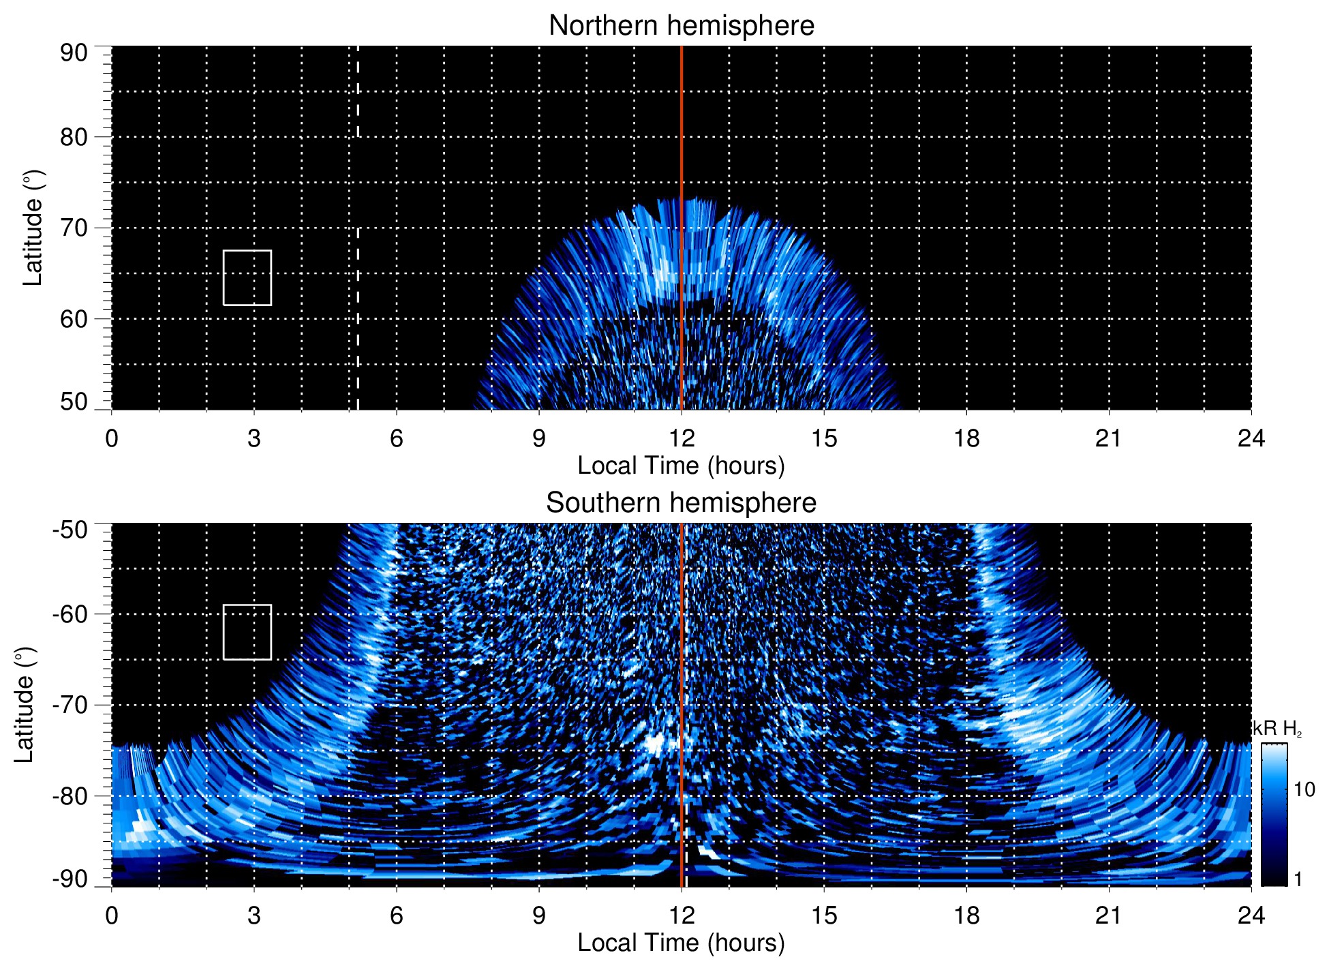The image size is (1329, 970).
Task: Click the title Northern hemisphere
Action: coord(681,26)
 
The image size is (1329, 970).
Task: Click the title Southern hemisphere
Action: coord(681,503)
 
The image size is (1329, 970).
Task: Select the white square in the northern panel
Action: coord(247,277)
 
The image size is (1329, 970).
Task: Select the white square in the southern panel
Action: coord(247,632)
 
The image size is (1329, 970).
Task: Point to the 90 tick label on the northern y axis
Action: coord(74,53)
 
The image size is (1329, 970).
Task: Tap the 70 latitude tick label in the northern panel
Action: coord(74,228)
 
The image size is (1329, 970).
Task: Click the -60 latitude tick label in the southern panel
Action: coord(70,614)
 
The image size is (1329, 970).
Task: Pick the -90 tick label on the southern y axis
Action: coord(70,879)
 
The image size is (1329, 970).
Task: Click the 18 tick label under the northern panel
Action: coord(966,438)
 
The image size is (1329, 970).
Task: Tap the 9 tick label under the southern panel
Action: coord(539,915)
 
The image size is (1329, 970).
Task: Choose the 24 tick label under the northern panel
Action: coord(1251,438)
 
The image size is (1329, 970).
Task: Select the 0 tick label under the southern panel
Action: coord(112,915)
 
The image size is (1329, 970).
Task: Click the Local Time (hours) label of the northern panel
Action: coord(681,466)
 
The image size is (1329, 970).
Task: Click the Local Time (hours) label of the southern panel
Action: coord(681,943)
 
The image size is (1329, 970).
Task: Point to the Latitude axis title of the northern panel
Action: coord(33,228)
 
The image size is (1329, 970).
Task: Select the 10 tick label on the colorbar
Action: coord(1304,790)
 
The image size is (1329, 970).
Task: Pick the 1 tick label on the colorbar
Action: coord(1298,879)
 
